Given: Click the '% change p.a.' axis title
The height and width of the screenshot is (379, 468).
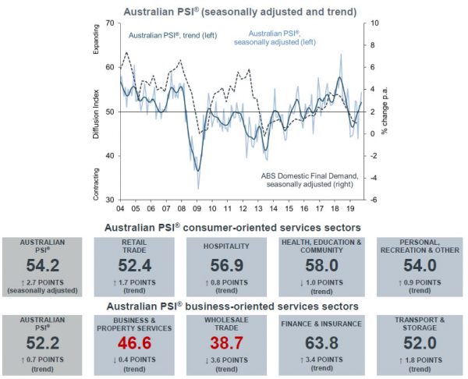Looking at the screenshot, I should (x=385, y=113).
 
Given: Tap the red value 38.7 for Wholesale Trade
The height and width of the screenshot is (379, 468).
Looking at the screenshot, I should (x=232, y=340).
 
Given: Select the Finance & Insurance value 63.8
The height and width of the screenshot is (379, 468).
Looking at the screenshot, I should (x=326, y=340).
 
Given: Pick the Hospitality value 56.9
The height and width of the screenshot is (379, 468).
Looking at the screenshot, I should (x=232, y=266).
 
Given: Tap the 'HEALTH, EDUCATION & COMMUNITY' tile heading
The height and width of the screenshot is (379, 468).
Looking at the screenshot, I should (x=326, y=246).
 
